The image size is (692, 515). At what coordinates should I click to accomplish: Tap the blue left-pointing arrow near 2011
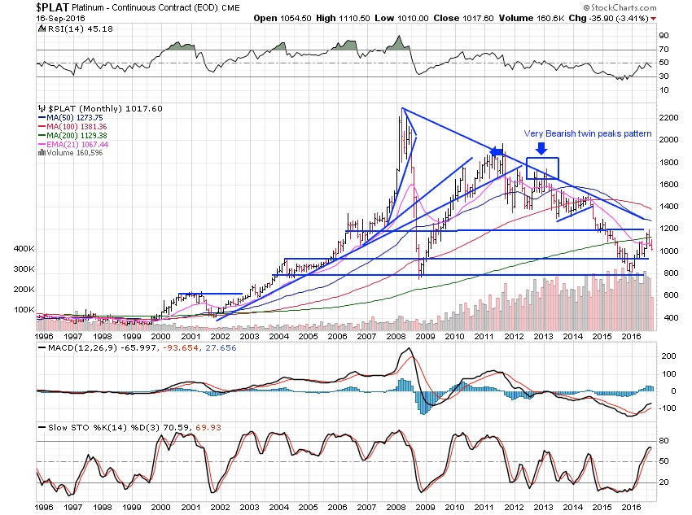coord(496,151)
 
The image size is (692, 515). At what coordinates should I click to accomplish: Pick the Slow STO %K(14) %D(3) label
coord(90,426)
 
